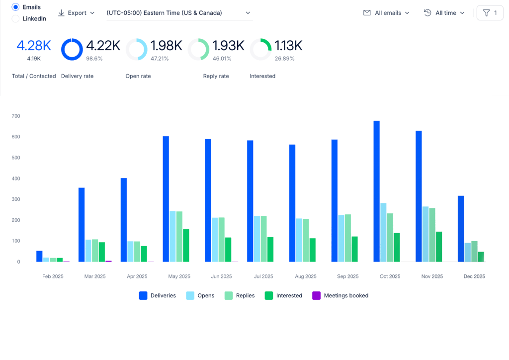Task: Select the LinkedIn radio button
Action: click(15, 19)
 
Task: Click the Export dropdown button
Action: click(76, 13)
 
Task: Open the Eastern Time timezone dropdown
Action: click(179, 13)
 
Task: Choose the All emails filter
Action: click(386, 13)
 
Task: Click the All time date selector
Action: click(444, 13)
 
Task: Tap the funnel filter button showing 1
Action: click(490, 13)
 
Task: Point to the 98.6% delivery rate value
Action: click(94, 59)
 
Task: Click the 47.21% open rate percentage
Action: click(160, 59)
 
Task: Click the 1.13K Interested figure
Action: click(289, 46)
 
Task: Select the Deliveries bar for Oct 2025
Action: click(377, 191)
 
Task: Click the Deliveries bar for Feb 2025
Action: click(39, 256)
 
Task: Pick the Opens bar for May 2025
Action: click(172, 236)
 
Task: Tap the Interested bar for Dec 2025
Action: click(481, 257)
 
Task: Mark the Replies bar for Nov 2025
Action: click(432, 235)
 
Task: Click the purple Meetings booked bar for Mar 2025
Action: click(108, 261)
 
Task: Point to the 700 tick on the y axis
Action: click(16, 116)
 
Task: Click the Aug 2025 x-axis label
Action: click(306, 276)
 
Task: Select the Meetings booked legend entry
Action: click(340, 295)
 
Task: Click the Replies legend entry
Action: click(240, 295)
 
